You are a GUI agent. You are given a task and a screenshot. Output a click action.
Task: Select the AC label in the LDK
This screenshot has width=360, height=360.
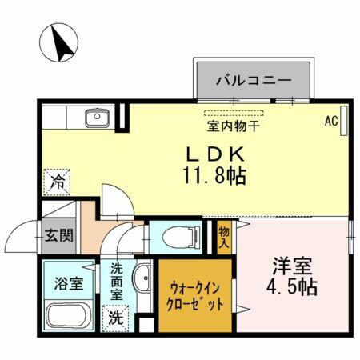pos(330,122)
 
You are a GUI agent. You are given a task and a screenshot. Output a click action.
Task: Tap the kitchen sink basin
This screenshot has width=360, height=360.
pos(96,119)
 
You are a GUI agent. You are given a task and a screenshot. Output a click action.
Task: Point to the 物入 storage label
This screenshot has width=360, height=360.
pos(224,235)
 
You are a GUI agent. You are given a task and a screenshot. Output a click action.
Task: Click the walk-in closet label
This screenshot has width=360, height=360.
pos(195,295)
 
